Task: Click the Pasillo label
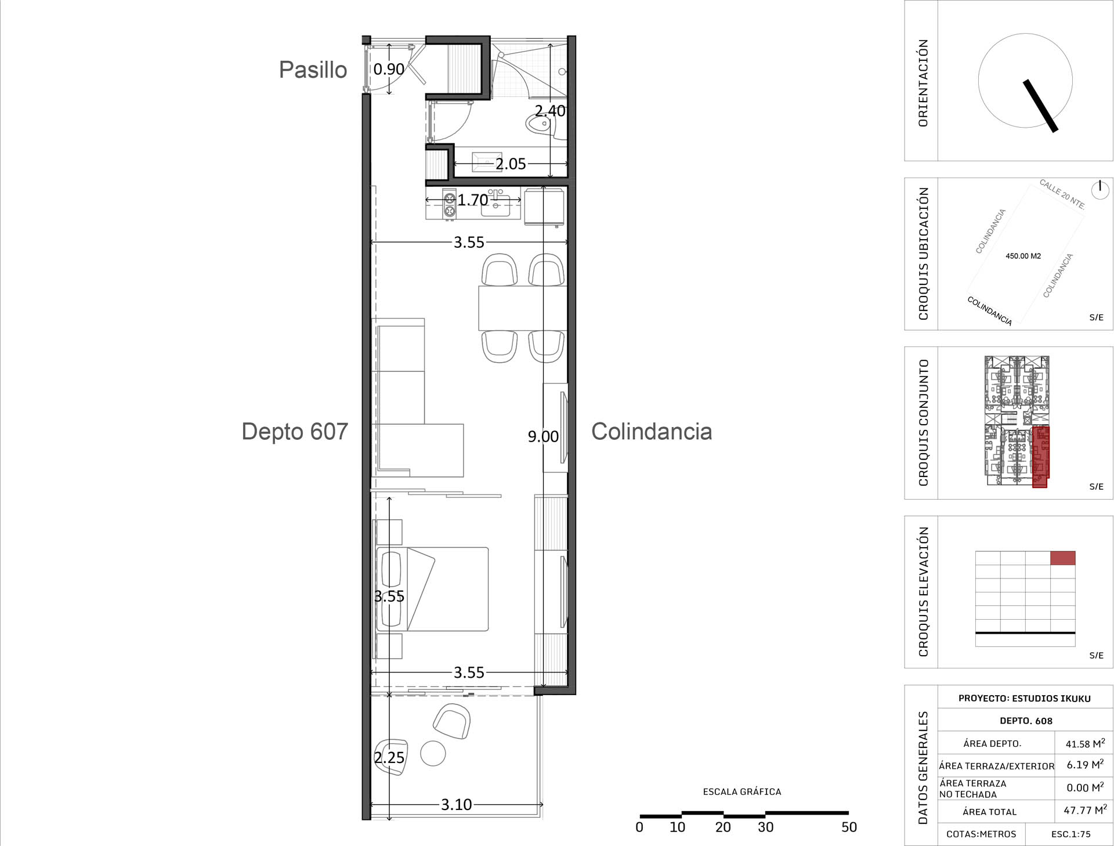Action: (313, 70)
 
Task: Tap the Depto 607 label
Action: (295, 432)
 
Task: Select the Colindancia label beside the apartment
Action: (652, 432)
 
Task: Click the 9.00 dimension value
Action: (543, 436)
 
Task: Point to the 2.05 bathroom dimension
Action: (511, 164)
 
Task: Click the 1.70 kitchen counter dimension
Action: (473, 200)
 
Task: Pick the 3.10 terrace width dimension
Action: (457, 805)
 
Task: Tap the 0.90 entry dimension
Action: (389, 70)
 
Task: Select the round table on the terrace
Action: (433, 754)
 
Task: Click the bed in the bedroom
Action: (432, 589)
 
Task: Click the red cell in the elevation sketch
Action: (1063, 558)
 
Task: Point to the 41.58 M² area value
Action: (1085, 743)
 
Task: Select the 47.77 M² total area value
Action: (1085, 810)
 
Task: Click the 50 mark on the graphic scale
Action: (849, 827)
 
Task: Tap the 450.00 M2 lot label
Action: (1023, 256)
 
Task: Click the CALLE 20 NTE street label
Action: (1062, 194)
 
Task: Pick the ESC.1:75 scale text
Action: (1071, 834)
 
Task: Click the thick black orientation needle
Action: (1041, 106)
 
